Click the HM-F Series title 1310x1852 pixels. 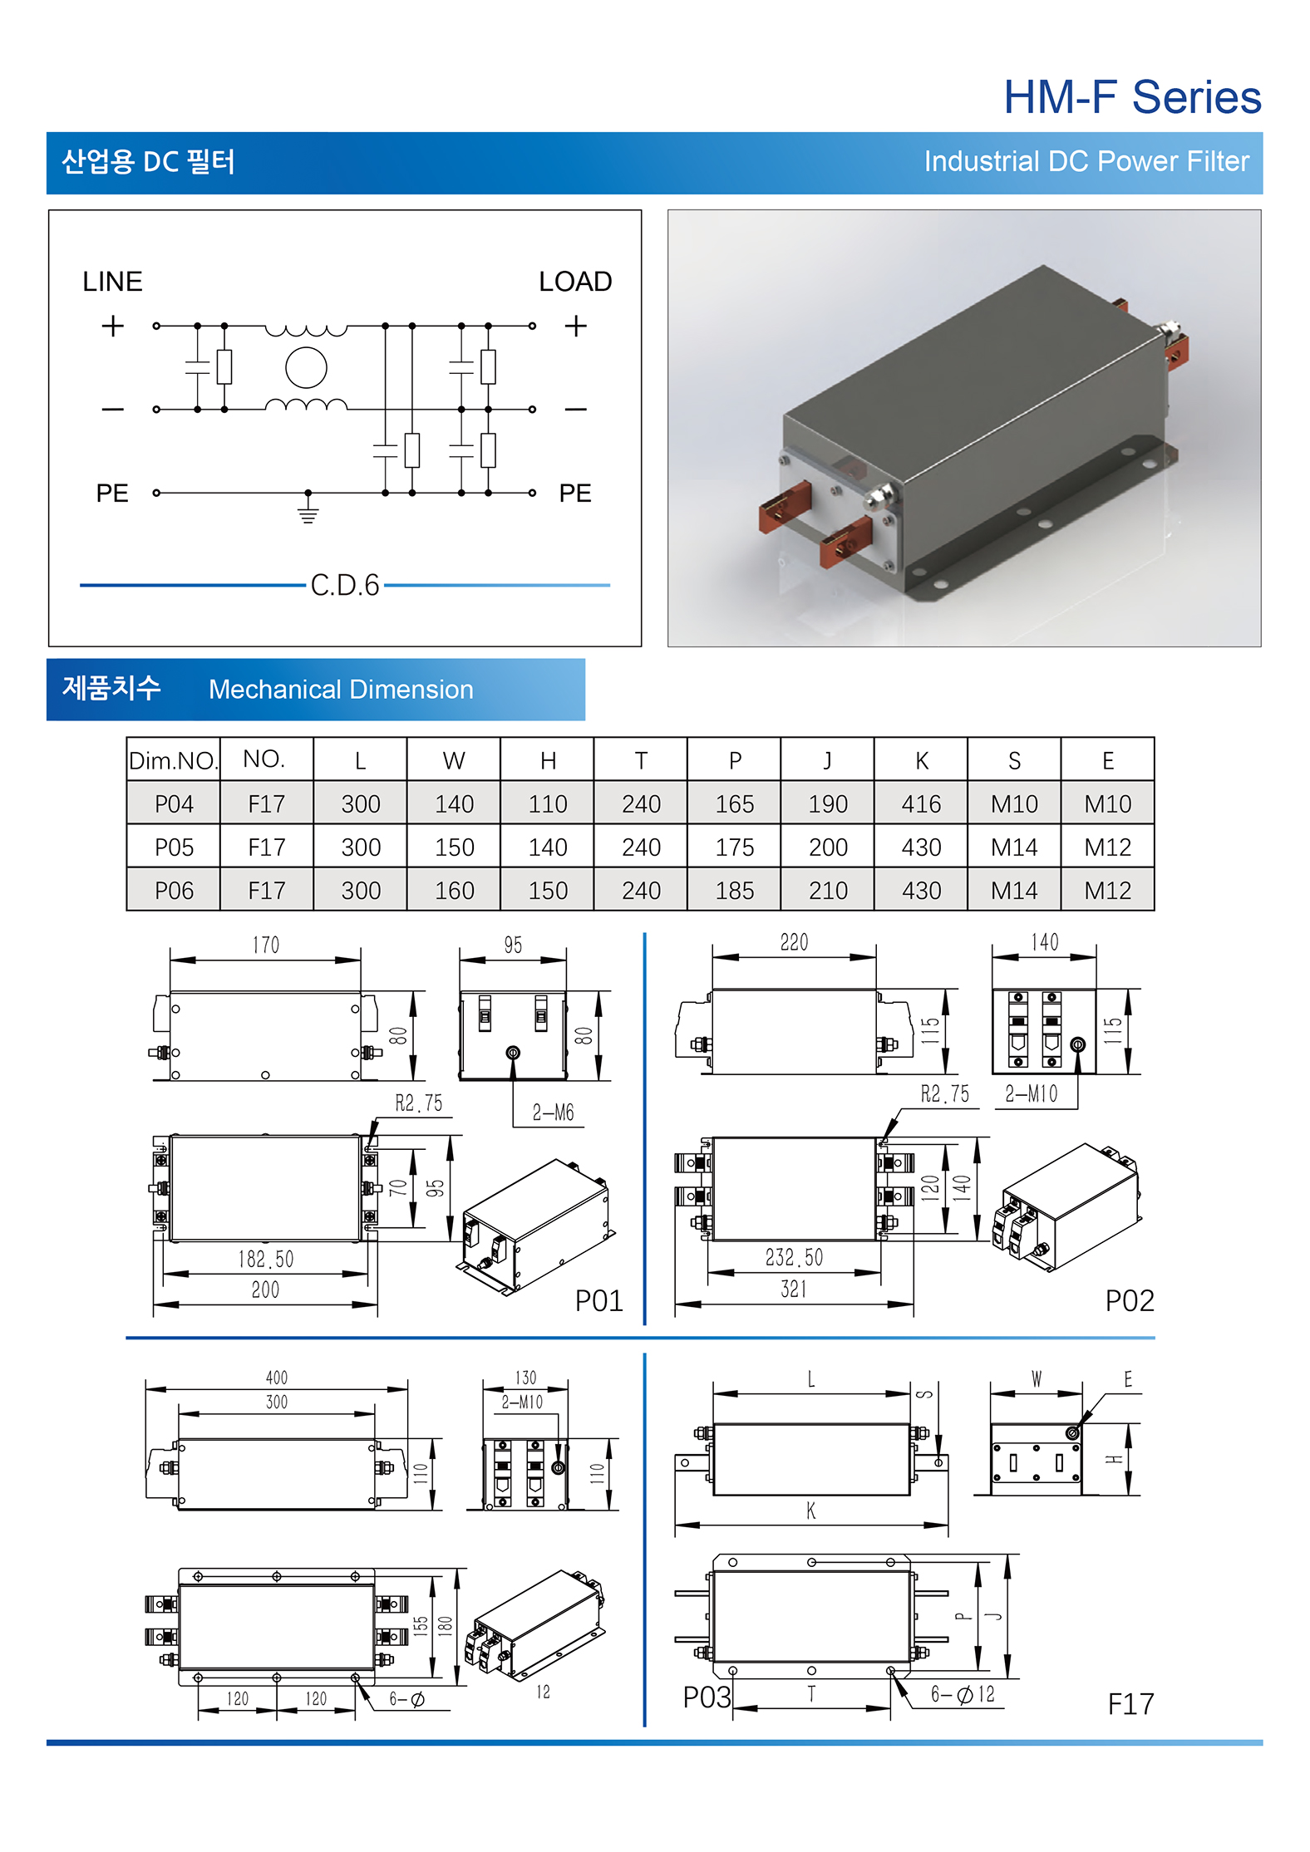[x=1131, y=98]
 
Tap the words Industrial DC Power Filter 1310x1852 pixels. [x=1086, y=161]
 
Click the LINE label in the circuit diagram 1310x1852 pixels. [x=112, y=282]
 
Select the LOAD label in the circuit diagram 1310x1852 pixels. [x=574, y=282]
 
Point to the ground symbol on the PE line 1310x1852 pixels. [x=308, y=508]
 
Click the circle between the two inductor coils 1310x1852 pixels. [x=306, y=368]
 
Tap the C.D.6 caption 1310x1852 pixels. [x=344, y=585]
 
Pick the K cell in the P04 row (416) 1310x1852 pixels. [x=921, y=803]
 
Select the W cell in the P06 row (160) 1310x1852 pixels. [x=454, y=890]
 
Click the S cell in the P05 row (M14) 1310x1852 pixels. [x=1014, y=847]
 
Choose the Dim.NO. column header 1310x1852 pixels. [x=173, y=760]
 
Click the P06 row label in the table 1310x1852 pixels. [x=174, y=890]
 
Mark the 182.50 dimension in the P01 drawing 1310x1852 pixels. [x=265, y=1259]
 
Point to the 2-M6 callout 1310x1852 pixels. [x=553, y=1113]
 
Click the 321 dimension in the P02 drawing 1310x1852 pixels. [x=794, y=1289]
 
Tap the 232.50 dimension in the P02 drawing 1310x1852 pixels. [x=794, y=1257]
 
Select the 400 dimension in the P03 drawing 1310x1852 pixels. [x=276, y=1378]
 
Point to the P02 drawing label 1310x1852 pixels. [x=1129, y=1300]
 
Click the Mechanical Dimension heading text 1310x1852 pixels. [x=341, y=690]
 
